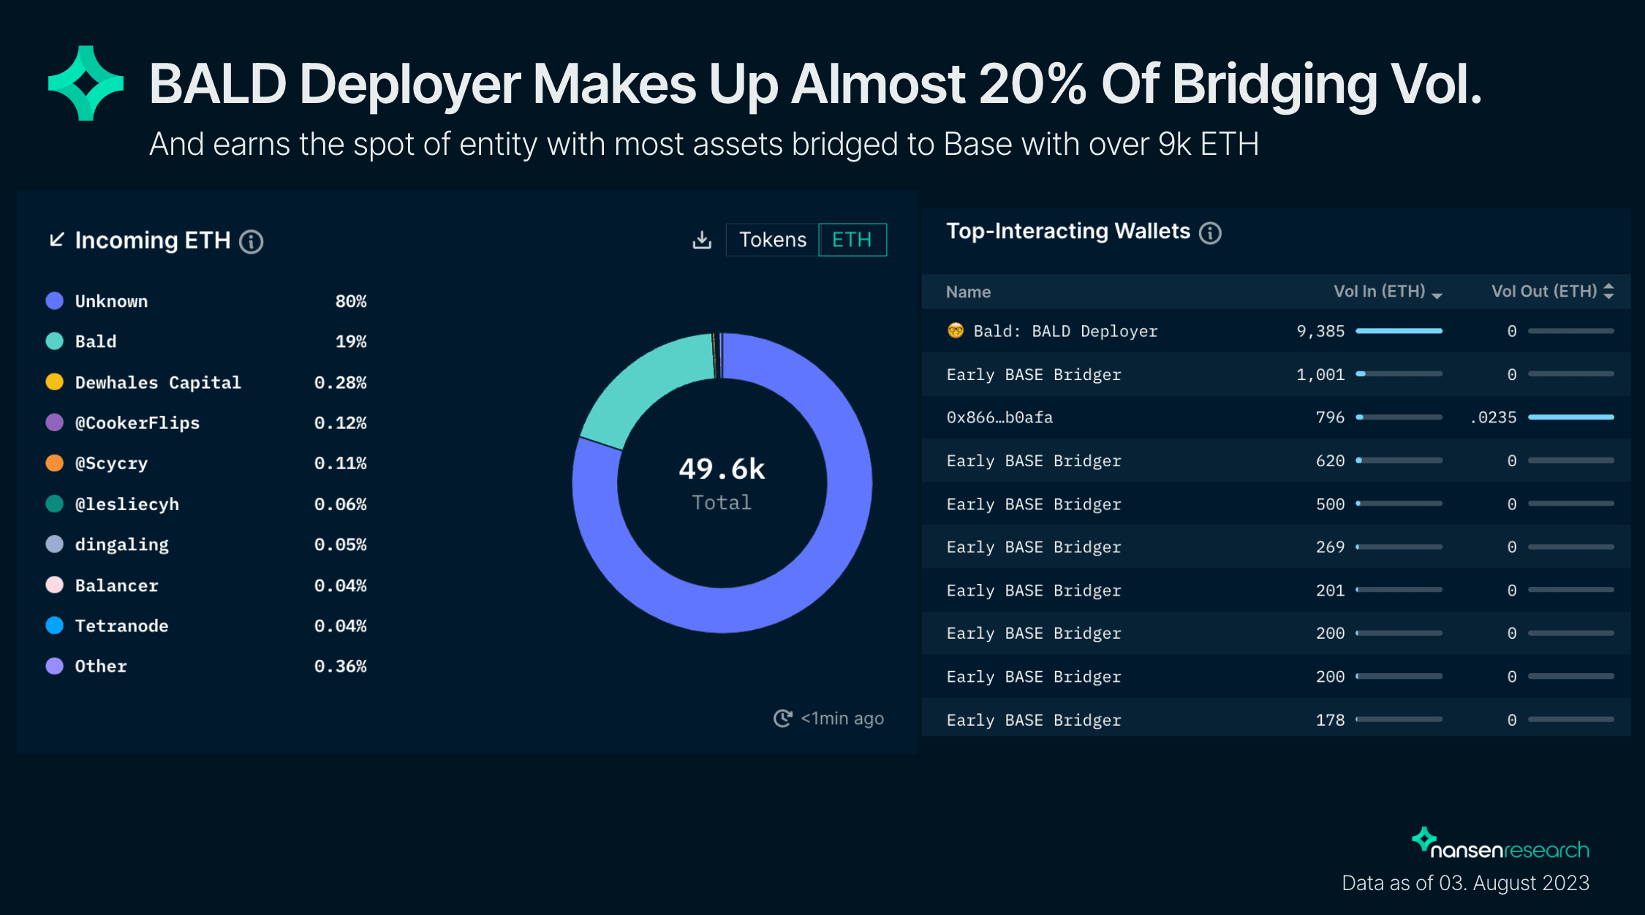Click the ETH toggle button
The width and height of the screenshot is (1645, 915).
[852, 240]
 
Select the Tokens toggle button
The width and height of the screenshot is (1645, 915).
[772, 240]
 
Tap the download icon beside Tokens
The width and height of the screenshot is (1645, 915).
[702, 240]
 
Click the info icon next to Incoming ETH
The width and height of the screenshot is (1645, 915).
[252, 241]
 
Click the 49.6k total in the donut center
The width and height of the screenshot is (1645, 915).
[722, 469]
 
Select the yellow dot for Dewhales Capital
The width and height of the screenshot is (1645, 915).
[55, 382]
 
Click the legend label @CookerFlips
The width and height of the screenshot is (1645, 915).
[137, 423]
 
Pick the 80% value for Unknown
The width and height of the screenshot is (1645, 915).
[351, 301]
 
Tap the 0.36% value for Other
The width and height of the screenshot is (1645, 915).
[341, 667]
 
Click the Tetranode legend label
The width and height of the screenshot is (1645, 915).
[122, 626]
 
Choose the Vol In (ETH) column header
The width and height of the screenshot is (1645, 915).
[1380, 292]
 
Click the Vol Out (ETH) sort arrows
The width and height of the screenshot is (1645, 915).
[1608, 292]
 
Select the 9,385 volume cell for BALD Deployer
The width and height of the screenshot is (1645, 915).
[1320, 331]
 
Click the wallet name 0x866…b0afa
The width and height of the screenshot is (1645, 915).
[999, 417]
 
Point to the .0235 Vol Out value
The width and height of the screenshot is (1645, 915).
[1494, 417]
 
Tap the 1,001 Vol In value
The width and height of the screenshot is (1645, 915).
[1320, 374]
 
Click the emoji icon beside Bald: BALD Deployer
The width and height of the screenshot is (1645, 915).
[956, 331]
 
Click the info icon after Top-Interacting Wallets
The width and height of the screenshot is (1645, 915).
[1210, 233]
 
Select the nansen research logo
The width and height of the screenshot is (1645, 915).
[1500, 845]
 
